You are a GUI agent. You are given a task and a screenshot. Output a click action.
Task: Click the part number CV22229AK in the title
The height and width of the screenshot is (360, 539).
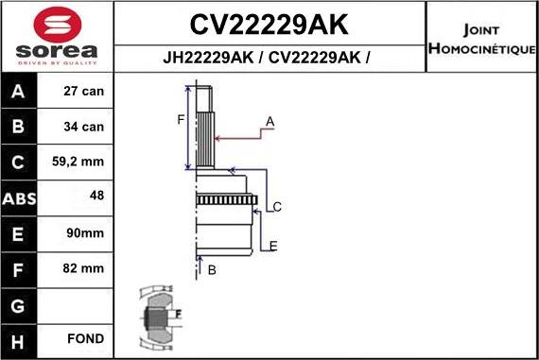[269, 23]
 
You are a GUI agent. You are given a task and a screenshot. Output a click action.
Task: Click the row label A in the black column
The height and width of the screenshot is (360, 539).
[19, 93]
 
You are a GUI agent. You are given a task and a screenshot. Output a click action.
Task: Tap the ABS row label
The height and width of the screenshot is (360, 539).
[20, 198]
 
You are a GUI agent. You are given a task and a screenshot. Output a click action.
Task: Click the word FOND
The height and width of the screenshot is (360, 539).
[86, 338]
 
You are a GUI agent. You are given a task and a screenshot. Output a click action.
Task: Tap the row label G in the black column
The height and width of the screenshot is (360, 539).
[19, 304]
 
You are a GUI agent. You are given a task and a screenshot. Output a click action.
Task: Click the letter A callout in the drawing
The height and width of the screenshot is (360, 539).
[269, 121]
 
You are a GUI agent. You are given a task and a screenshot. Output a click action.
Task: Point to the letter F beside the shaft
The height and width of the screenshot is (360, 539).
[180, 119]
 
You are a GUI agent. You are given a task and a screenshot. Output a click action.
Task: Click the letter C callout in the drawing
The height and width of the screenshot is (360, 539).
[278, 206]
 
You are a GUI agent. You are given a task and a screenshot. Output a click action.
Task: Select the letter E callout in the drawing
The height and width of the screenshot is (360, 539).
[272, 247]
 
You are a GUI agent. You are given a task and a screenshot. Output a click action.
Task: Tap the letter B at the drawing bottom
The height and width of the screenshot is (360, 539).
[212, 270]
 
